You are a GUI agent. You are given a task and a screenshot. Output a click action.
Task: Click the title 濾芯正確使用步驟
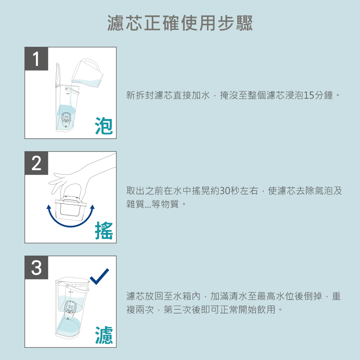pyautogui.click(x=180, y=23)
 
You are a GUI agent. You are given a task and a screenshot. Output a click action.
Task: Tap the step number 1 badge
pyautogui.click(x=36, y=59)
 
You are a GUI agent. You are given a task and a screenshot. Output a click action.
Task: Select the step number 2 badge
pyautogui.click(x=36, y=163)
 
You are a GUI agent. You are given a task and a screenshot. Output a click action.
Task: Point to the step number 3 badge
pyautogui.click(x=36, y=268)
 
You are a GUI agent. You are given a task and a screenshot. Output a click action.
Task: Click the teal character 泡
pyautogui.click(x=104, y=126)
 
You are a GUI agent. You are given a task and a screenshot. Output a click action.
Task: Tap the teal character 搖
pyautogui.click(x=104, y=230)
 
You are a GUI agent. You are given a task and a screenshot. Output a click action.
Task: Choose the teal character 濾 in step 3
pyautogui.click(x=104, y=335)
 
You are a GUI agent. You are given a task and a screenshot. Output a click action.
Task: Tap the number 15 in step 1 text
pyautogui.click(x=309, y=95)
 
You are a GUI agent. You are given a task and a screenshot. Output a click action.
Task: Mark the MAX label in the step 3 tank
pyautogui.click(x=71, y=292)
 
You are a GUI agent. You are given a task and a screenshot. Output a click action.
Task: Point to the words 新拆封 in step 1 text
pyautogui.click(x=140, y=95)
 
